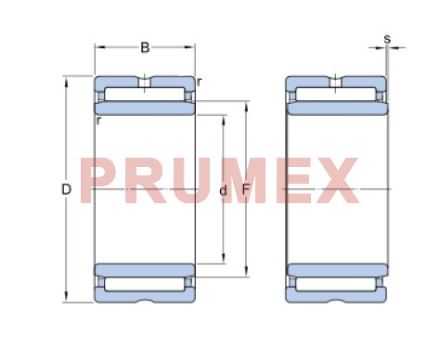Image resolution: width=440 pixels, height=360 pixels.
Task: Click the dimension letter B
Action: point(145,47)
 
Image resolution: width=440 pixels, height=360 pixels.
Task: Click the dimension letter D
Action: point(67,189)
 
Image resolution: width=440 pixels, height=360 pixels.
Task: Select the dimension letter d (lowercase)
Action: point(223,190)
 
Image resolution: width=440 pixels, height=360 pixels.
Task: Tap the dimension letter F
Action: point(246,189)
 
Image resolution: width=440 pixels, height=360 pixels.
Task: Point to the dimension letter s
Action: point(387,39)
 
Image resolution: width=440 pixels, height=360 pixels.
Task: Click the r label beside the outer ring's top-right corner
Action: point(199,83)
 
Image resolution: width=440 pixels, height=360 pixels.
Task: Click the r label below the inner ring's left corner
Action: point(98,121)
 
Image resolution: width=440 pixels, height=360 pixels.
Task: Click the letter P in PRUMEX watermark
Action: point(97,181)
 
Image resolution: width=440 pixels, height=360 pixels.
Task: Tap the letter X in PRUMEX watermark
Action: point(337,181)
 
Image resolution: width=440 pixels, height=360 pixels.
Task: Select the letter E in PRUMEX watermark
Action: point(293,181)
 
